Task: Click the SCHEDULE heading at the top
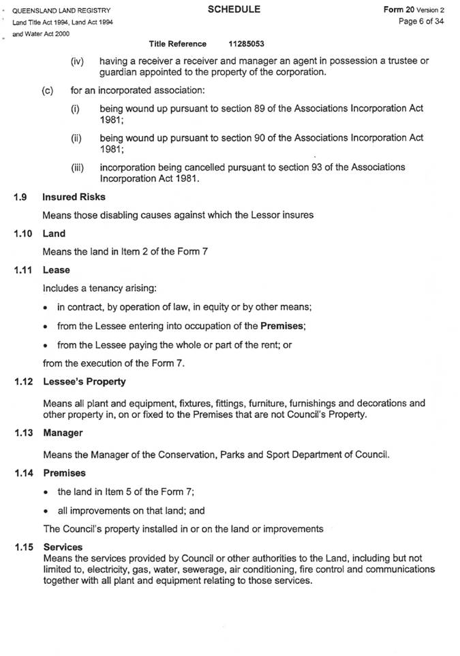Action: point(234,10)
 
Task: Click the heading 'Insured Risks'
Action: point(74,197)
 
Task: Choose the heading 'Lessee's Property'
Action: point(84,382)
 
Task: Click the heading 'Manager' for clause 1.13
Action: point(63,432)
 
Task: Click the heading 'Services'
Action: point(63,546)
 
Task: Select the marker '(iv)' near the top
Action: point(78,61)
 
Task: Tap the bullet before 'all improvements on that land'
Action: point(46,510)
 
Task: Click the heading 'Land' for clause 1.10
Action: point(54,233)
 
